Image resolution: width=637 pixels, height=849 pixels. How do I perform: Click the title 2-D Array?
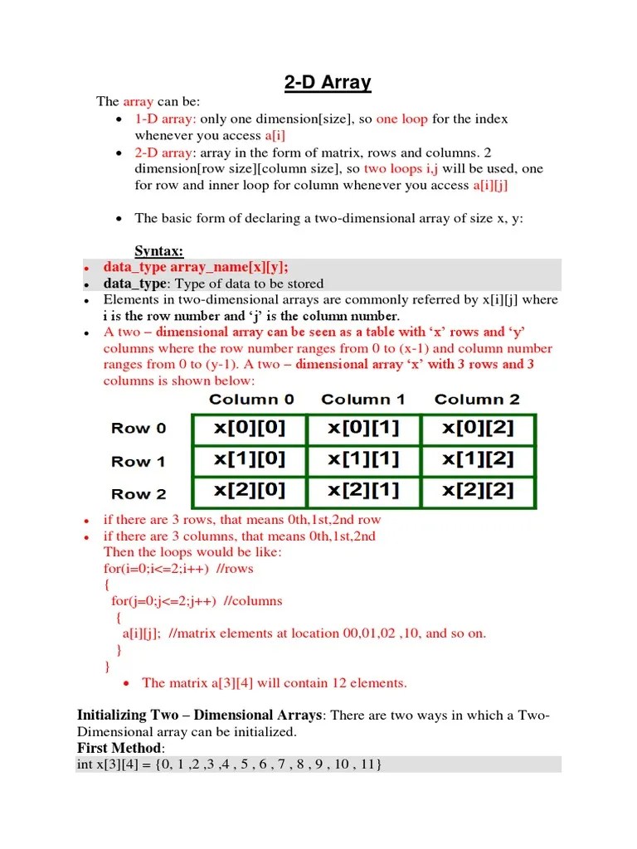click(323, 83)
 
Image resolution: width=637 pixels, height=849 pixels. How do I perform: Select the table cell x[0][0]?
click(249, 429)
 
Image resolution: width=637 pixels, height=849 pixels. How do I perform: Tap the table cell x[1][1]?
click(363, 459)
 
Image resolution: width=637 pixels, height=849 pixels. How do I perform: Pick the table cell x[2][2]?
click(478, 491)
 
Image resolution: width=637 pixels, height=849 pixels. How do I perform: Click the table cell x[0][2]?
click(478, 429)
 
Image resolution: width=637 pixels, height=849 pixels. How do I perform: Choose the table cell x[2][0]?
click(249, 491)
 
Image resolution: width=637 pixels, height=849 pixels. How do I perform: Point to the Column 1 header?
click(362, 400)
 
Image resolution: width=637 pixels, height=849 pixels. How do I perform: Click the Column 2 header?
click(477, 400)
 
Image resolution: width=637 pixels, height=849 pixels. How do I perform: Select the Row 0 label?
click(139, 429)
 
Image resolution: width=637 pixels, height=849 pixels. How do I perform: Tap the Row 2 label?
click(139, 494)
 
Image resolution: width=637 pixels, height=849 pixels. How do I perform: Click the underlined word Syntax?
click(159, 251)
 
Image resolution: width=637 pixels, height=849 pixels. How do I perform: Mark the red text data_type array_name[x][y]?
click(196, 267)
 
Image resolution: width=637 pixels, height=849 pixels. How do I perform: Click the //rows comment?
click(234, 569)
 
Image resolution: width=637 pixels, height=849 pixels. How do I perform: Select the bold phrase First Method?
click(117, 749)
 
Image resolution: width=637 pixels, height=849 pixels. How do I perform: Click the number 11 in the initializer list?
click(366, 764)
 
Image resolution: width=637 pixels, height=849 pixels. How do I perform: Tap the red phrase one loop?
click(402, 119)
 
